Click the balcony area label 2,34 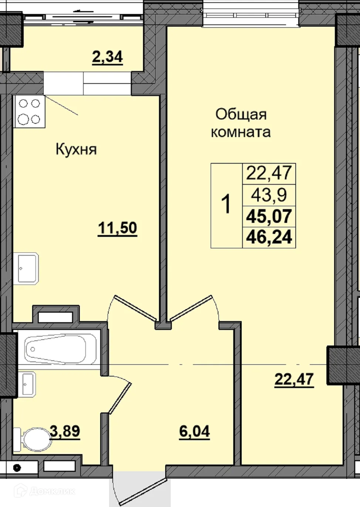pyautogui.click(x=107, y=58)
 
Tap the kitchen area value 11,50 pyautogui.click(x=117, y=228)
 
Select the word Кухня pyautogui.click(x=76, y=149)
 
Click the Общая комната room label pyautogui.click(x=241, y=123)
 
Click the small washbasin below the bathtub pyautogui.click(x=27, y=384)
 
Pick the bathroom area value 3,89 pyautogui.click(x=65, y=431)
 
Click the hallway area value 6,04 pyautogui.click(x=194, y=431)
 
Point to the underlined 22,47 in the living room pyautogui.click(x=294, y=379)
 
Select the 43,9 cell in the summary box pyautogui.click(x=269, y=194)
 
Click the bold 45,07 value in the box pyautogui.click(x=269, y=216)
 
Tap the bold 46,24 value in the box pyautogui.click(x=269, y=237)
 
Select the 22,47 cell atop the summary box pyautogui.click(x=269, y=173)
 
